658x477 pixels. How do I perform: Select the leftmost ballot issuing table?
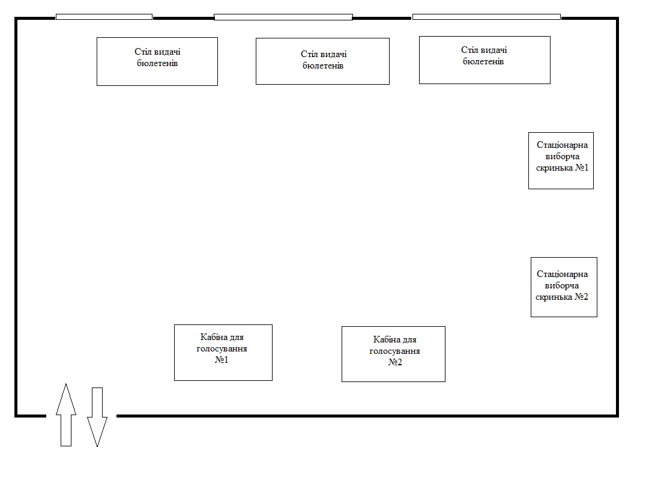point(157,61)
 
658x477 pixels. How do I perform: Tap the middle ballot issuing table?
point(322,61)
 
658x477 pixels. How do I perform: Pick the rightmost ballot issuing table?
point(484,59)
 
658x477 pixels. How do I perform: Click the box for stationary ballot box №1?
point(561,160)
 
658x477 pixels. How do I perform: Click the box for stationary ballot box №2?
point(564,287)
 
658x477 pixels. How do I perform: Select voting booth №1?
point(223,352)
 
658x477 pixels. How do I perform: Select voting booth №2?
point(393,354)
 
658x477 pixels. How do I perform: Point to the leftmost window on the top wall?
point(104,17)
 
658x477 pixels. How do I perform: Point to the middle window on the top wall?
point(283,17)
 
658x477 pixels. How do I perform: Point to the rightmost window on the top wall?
point(486,17)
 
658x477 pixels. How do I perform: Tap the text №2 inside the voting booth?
point(394,362)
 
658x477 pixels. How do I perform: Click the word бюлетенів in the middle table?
point(323,65)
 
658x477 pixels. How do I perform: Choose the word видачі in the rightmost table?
point(494,50)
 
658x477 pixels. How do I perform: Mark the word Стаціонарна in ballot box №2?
point(563,275)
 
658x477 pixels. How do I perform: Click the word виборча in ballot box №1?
point(562,156)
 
